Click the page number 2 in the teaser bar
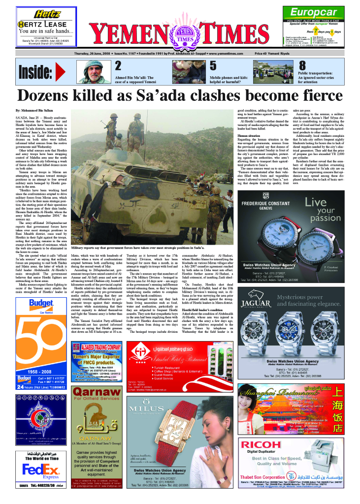tap(118, 66)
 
